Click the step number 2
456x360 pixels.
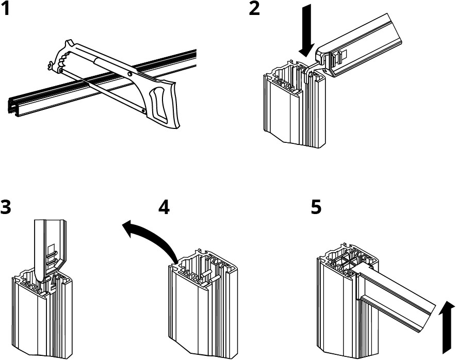pyautogui.click(x=254, y=9)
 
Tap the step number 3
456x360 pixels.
pyautogui.click(x=6, y=208)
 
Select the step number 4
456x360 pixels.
pyautogui.click(x=164, y=208)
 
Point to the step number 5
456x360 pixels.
pyautogui.click(x=316, y=208)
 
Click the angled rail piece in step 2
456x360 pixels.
pyautogui.click(x=361, y=52)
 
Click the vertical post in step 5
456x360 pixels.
pyautogui.click(x=335, y=309)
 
